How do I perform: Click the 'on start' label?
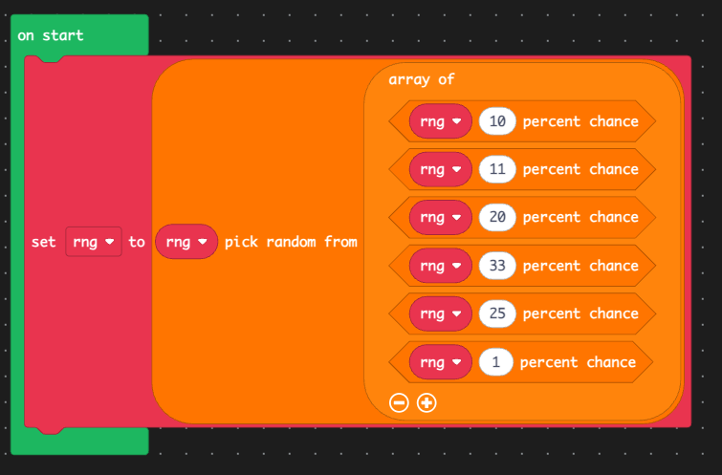pos(50,35)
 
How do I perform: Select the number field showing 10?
pos(497,121)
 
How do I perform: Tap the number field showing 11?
pos(497,169)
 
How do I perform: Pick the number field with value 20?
pos(497,217)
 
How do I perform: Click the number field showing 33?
pos(497,266)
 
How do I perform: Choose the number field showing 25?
pos(497,313)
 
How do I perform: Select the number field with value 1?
pos(496,362)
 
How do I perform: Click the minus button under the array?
pos(399,402)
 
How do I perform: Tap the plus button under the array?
pos(427,402)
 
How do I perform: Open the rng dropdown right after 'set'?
pos(94,242)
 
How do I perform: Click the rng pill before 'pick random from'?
pos(186,242)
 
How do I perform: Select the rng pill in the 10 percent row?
pos(441,121)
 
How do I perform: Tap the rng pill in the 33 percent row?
pos(441,266)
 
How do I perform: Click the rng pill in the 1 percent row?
pos(441,362)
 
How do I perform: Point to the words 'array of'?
pos(422,79)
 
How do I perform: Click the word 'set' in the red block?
pos(43,242)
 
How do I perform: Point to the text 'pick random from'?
pos(291,242)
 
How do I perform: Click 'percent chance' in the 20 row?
pos(580,217)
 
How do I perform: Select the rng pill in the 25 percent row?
pos(441,313)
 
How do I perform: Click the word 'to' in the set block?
pos(137,242)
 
